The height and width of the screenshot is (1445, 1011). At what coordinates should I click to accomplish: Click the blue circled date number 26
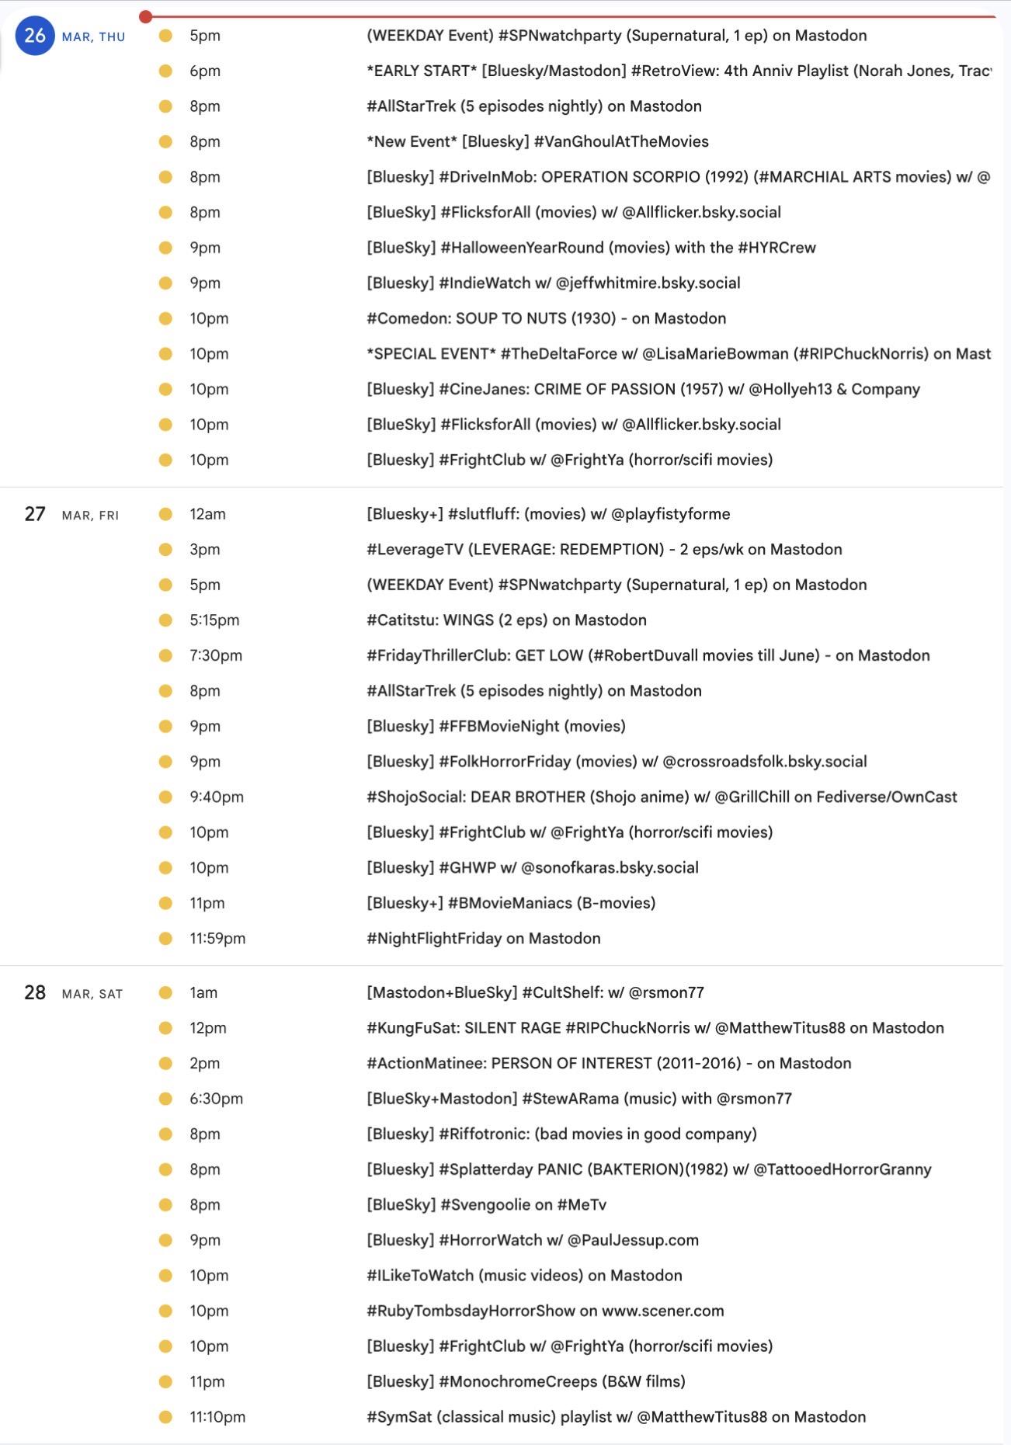pyautogui.click(x=35, y=36)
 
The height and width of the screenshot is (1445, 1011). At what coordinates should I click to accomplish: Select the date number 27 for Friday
pyautogui.click(x=35, y=514)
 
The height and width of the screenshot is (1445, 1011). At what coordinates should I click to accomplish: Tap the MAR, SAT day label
pyautogui.click(x=92, y=994)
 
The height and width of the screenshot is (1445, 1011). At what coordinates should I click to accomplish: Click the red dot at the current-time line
pyautogui.click(x=146, y=16)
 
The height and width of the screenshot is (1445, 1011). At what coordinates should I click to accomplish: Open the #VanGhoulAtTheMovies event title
pyautogui.click(x=537, y=141)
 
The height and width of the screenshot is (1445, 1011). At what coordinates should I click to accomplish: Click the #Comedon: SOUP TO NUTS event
pyautogui.click(x=546, y=318)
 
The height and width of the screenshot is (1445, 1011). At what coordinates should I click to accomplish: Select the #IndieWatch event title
pyautogui.click(x=553, y=283)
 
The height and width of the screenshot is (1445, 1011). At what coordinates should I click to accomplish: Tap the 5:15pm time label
pyautogui.click(x=214, y=620)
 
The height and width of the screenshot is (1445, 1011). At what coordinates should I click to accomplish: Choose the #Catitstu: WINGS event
pyautogui.click(x=506, y=620)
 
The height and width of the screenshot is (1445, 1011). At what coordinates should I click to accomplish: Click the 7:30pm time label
pyautogui.click(x=216, y=655)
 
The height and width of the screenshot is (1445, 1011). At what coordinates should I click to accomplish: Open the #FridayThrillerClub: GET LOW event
pyautogui.click(x=648, y=655)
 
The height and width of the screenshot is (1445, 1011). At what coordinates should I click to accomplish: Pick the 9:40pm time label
pyautogui.click(x=217, y=797)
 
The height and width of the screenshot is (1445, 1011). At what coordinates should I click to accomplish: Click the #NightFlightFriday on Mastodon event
pyautogui.click(x=483, y=938)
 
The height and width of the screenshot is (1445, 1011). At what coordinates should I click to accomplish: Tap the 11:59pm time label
pyautogui.click(x=217, y=938)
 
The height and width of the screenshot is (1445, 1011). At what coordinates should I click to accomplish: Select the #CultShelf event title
pyautogui.click(x=535, y=992)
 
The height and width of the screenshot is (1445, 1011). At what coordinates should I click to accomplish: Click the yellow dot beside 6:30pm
pyautogui.click(x=165, y=1099)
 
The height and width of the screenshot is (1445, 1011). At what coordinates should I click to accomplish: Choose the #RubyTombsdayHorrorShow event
pyautogui.click(x=545, y=1311)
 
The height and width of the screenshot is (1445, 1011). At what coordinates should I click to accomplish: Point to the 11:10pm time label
pyautogui.click(x=217, y=1416)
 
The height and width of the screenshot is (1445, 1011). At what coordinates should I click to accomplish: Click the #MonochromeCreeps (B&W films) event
pyautogui.click(x=526, y=1381)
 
